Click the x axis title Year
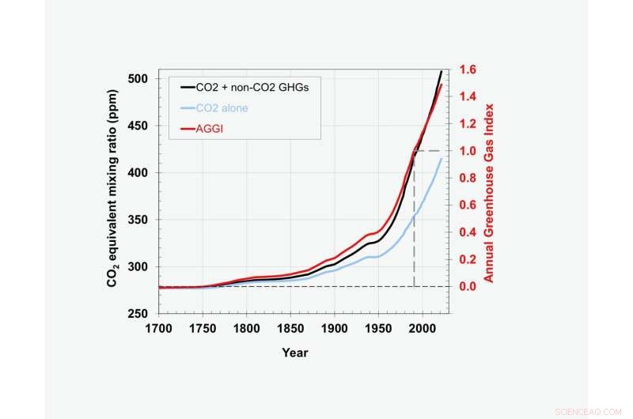(295, 353)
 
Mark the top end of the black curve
(442, 72)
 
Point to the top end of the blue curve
(442, 159)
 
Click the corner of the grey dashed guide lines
(415, 151)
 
